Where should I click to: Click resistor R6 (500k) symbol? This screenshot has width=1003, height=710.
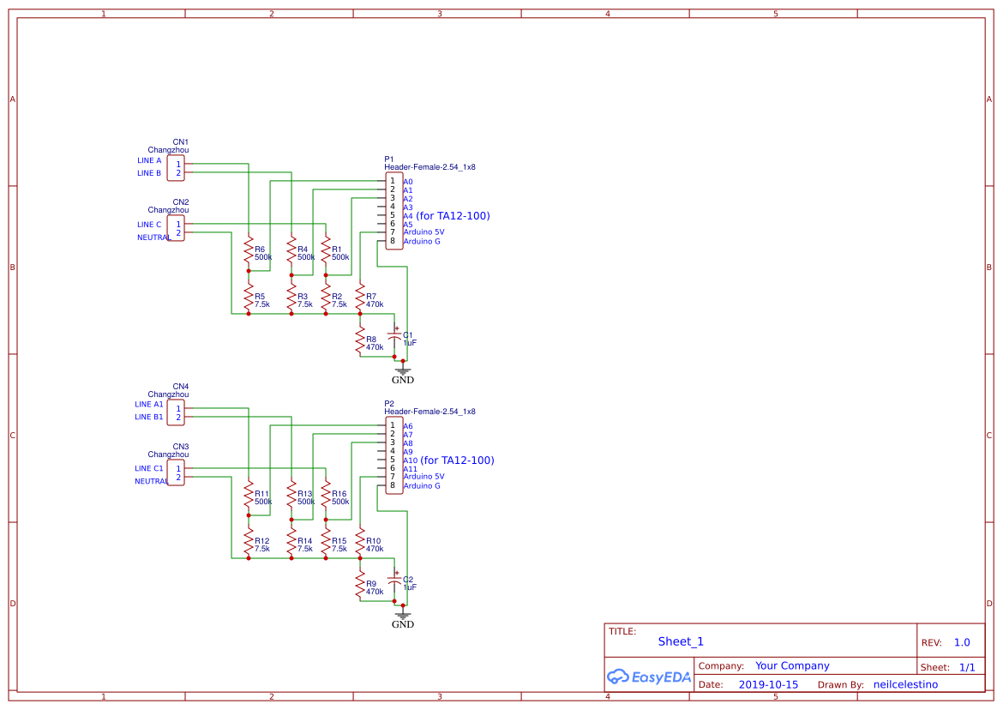249,253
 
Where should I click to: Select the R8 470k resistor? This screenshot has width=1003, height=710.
360,343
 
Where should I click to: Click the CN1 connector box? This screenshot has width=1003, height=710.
176,167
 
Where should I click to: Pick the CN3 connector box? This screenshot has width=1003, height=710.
176,472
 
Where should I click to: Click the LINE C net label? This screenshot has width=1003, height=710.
149,225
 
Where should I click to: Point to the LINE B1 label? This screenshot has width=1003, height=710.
148,417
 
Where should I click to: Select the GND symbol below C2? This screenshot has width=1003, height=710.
403,617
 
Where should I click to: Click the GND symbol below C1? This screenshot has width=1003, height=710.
403,372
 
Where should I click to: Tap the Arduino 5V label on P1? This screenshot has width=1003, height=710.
423,232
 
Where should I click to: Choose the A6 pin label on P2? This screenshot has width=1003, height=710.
408,426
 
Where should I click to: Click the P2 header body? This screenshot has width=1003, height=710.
393,455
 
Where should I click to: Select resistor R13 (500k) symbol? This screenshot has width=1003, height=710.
291,497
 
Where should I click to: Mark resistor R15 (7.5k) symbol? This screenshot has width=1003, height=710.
326,545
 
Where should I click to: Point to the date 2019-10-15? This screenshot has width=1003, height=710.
768,684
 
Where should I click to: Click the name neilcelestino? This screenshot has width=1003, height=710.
905,684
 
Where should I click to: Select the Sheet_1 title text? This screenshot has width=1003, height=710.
681,641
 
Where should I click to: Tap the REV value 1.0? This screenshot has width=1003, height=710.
962,642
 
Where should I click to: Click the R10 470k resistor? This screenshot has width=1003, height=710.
360,545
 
